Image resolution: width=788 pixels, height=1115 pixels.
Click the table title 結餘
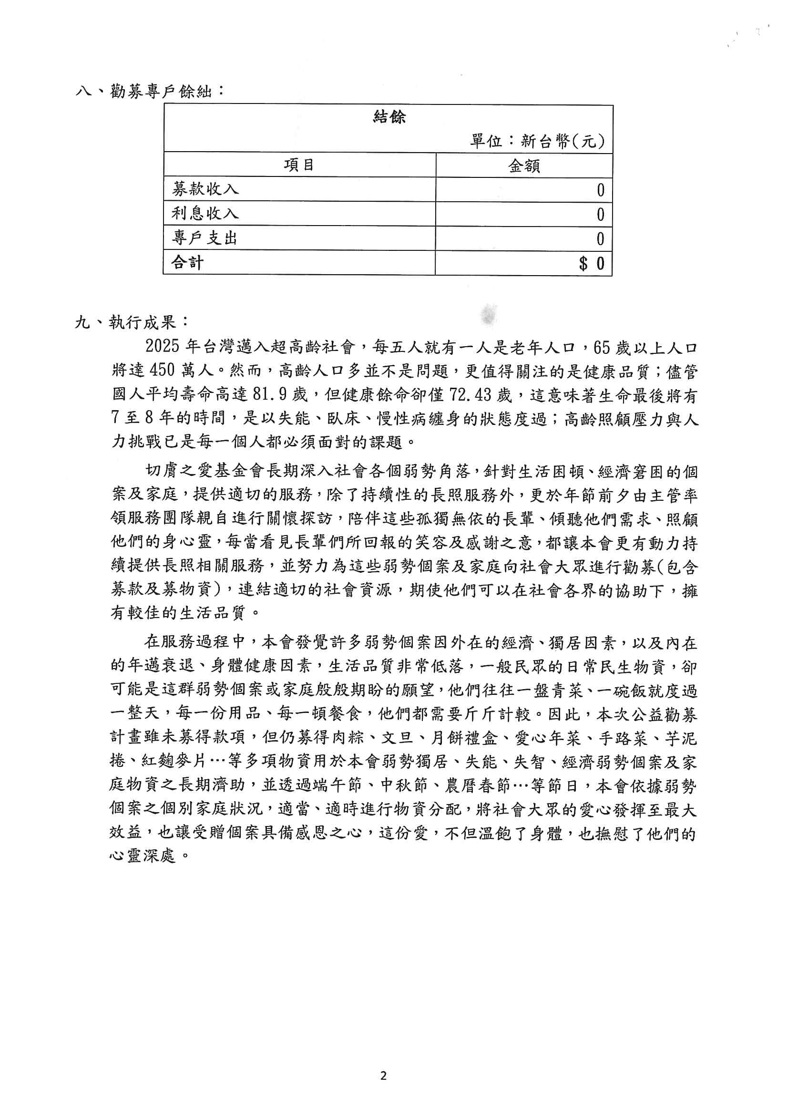click(389, 116)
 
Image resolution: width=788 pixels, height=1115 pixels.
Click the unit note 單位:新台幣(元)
click(537, 141)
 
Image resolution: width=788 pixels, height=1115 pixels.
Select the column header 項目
click(299, 165)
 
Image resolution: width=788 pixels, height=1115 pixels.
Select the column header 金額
click(524, 166)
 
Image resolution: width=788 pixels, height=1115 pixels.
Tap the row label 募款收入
click(205, 189)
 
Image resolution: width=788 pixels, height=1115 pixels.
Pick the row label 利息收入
click(205, 213)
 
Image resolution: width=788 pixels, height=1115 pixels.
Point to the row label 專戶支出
click(205, 238)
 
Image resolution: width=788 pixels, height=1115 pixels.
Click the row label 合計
click(187, 263)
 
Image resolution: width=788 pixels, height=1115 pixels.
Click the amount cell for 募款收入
click(600, 190)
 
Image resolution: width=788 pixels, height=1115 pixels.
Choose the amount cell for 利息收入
click(600, 214)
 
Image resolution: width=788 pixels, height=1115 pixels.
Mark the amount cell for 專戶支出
click(600, 239)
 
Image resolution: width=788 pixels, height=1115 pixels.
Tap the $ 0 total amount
click(592, 264)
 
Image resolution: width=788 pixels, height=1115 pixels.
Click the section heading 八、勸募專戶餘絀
click(151, 91)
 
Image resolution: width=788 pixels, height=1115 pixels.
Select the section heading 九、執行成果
click(132, 322)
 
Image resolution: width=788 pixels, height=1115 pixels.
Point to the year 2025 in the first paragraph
click(163, 346)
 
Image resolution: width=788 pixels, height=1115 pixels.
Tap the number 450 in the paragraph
click(162, 370)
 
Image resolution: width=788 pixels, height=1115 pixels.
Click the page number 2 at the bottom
click(384, 1076)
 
